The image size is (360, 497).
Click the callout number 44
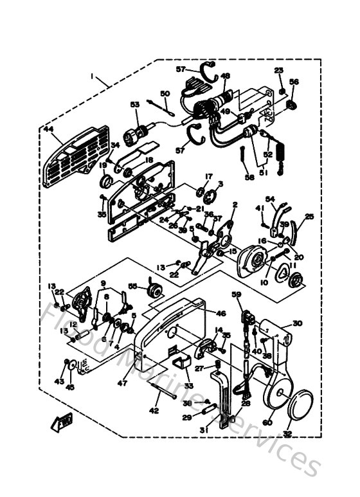point(48,129)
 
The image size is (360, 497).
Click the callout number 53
point(134,104)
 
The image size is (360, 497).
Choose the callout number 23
point(278,70)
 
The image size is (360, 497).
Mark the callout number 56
point(294,82)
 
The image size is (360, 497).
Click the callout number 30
point(297,323)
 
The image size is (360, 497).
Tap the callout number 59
point(237,295)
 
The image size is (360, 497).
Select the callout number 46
point(221,313)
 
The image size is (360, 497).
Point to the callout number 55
point(132,286)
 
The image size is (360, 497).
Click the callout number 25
point(310,217)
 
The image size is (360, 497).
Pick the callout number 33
point(188,385)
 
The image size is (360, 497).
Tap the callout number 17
point(208,176)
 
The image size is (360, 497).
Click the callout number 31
point(203,429)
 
